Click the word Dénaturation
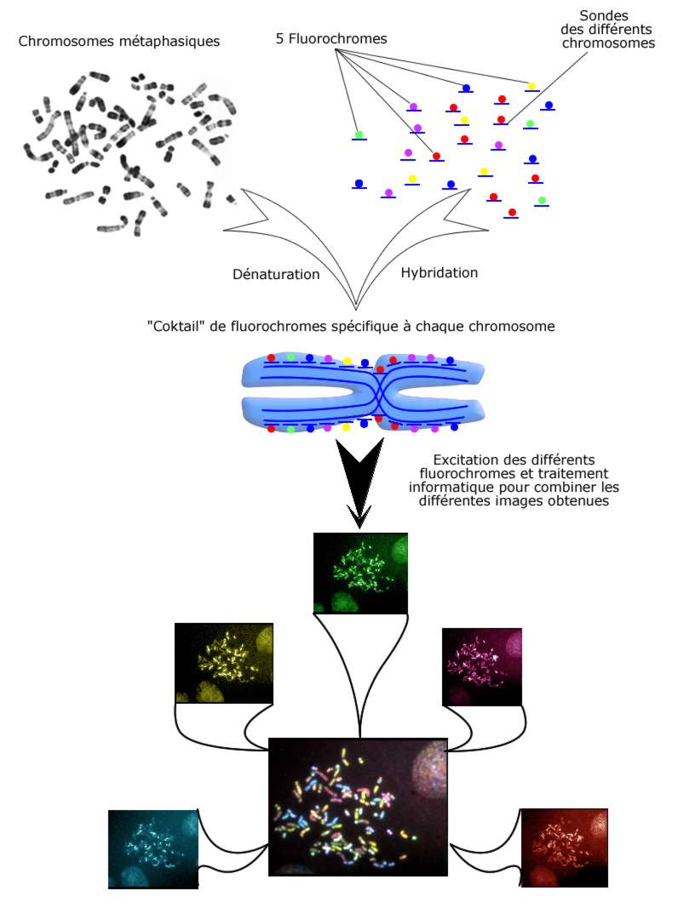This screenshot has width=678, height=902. tap(276, 275)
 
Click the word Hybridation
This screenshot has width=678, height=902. tap(439, 273)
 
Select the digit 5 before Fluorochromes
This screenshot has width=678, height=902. tap(280, 39)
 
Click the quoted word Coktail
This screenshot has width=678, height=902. tap(178, 326)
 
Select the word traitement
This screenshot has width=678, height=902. tap(589, 474)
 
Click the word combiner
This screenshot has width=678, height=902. tap(564, 488)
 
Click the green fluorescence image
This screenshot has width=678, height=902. tap(360, 572)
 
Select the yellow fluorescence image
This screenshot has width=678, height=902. tap(224, 662)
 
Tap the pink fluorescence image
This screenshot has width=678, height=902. tap(482, 667)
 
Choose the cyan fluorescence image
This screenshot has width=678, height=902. tap(153, 848)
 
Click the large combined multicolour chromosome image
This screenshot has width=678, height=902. tap(359, 808)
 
